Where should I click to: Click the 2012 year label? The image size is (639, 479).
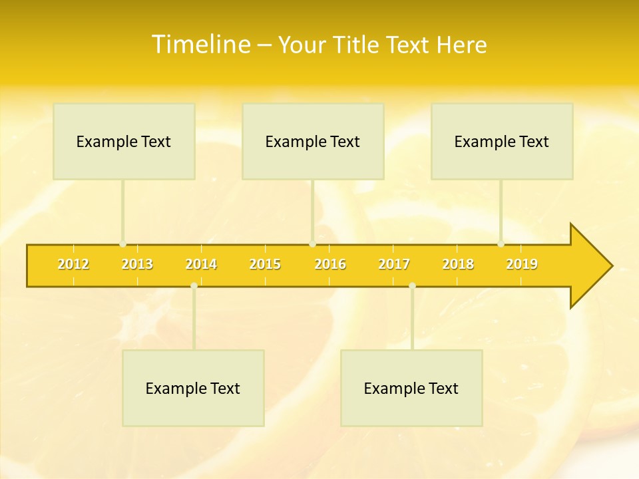73,264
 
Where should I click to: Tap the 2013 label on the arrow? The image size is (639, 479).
137,264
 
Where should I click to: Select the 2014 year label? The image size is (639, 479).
201,264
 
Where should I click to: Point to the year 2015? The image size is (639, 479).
265,264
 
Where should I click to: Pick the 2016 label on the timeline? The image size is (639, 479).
330,264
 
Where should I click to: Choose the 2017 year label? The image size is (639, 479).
394,264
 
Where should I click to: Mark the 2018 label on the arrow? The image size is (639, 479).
458,264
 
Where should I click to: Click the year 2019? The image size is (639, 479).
522,264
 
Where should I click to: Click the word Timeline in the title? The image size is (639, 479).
200,45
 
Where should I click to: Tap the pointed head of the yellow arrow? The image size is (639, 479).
592,265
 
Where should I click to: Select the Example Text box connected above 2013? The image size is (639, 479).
124,141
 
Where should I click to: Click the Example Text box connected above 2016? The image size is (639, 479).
313,141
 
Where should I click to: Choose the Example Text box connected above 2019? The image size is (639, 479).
502,141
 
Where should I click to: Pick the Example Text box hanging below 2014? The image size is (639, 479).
193,388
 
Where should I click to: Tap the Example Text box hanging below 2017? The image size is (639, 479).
411,388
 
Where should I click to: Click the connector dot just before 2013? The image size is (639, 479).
122,244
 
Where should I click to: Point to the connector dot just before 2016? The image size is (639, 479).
312,244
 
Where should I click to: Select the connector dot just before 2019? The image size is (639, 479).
501,244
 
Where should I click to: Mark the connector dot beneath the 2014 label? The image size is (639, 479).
194,285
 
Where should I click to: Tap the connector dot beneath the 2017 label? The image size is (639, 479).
412,285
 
